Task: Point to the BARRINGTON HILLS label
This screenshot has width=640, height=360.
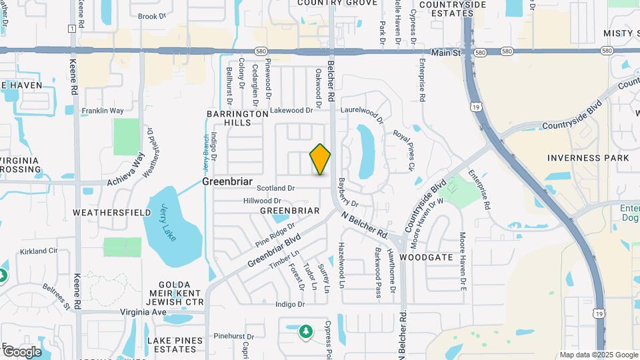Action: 237,119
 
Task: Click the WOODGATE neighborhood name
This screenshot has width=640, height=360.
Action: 427,257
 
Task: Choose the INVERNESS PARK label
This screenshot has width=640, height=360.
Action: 588,158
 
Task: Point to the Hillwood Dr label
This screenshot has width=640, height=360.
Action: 263,201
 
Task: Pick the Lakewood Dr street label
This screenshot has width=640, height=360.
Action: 291,111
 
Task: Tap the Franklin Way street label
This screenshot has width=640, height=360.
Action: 103,111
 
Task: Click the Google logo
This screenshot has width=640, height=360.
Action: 21,351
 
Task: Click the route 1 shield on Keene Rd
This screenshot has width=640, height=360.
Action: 71,28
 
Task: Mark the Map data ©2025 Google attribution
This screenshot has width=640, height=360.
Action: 598,355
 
